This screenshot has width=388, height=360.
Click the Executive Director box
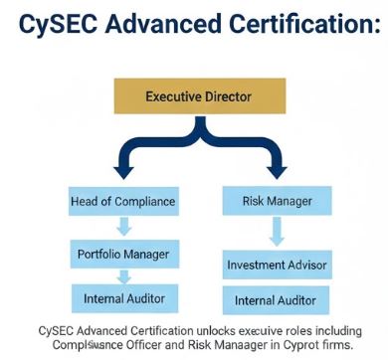coord(198,97)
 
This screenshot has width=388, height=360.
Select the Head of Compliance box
coord(122,201)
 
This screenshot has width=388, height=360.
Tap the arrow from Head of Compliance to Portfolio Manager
coord(122,228)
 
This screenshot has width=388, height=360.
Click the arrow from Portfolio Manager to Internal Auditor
coord(122,275)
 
